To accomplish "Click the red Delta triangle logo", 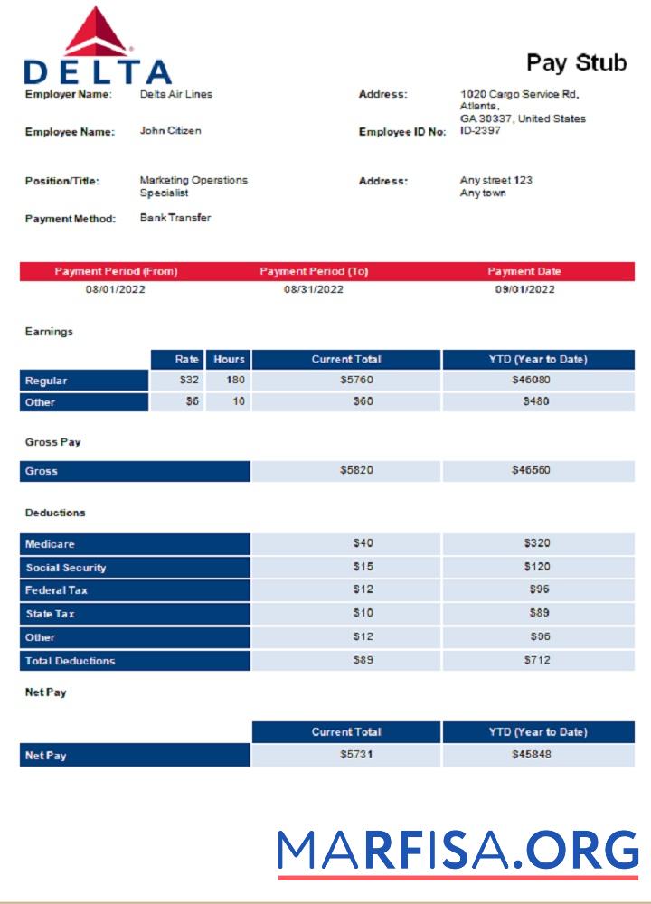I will (x=97, y=31).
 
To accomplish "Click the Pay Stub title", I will (x=576, y=62).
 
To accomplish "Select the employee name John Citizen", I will (x=170, y=131).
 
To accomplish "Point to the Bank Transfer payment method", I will (x=175, y=218).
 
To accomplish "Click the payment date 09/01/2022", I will (x=524, y=289).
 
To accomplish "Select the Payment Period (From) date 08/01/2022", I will (x=116, y=289).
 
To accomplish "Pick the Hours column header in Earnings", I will (x=229, y=360).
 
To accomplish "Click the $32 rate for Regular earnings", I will (x=189, y=381).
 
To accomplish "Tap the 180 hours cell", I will (x=235, y=381).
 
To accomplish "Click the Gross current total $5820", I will (x=356, y=471).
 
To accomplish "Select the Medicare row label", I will (x=50, y=544).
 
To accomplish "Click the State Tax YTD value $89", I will (x=539, y=614).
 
